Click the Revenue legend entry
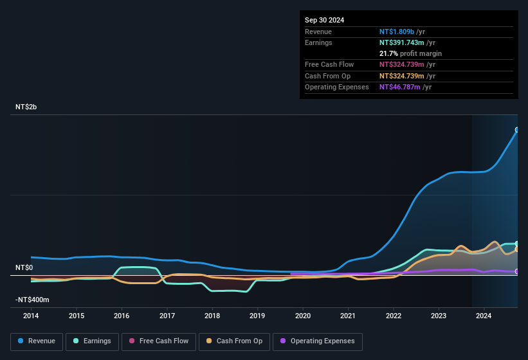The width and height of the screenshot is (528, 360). (x=37, y=341)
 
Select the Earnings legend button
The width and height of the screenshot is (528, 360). (x=93, y=341)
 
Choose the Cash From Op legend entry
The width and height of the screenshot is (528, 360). (x=235, y=341)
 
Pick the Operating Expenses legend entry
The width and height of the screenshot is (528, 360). (x=318, y=341)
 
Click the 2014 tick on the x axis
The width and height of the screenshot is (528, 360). (x=31, y=316)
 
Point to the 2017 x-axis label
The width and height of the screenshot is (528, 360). (x=167, y=316)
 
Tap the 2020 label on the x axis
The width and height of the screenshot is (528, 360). (x=302, y=316)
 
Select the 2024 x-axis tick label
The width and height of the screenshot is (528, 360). (x=484, y=316)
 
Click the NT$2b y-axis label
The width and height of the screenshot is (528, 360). (x=26, y=107)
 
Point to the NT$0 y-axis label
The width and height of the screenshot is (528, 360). (x=24, y=267)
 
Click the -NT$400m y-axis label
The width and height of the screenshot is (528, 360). (x=32, y=300)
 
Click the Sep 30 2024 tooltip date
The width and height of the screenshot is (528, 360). (x=324, y=20)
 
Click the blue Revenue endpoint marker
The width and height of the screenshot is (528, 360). (x=517, y=130)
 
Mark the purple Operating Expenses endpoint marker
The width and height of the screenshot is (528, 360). (x=517, y=271)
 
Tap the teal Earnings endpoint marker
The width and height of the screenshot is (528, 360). (x=517, y=244)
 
